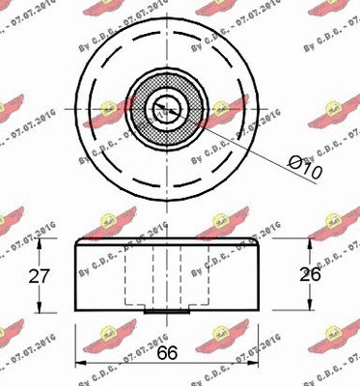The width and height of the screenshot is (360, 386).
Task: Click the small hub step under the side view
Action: click(x=169, y=311)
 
